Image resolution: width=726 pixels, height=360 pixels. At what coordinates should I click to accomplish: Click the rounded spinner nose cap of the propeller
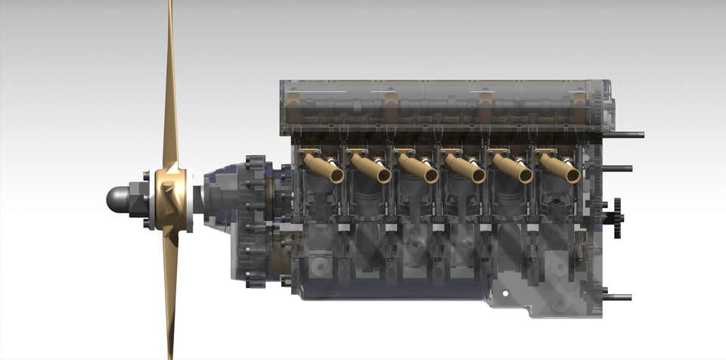116,200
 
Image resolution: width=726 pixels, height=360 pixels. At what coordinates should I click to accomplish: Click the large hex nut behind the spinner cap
138,200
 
